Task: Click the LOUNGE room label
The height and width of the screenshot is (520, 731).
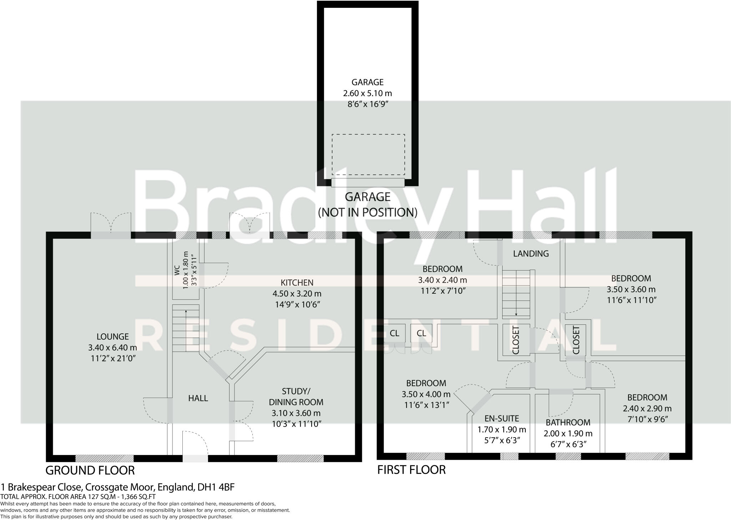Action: click(x=112, y=337)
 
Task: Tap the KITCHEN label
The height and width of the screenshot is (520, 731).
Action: click(x=297, y=283)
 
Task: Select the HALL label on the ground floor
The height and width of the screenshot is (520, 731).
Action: click(x=198, y=398)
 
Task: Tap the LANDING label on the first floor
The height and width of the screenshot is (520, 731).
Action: click(x=531, y=254)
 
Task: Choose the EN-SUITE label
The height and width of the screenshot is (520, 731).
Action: click(x=501, y=418)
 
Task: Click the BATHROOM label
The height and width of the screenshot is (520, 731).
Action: click(x=568, y=423)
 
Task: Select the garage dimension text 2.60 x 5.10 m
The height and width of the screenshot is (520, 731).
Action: click(x=367, y=94)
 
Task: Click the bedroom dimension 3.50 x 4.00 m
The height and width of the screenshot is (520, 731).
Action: click(x=426, y=394)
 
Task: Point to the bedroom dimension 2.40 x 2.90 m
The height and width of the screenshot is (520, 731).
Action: click(x=647, y=409)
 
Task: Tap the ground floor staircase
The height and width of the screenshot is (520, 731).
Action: click(x=186, y=328)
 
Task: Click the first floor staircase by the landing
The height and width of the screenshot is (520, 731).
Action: click(x=516, y=293)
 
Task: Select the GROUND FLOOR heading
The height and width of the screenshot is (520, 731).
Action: click(x=90, y=470)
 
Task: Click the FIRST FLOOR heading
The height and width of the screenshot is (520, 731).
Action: click(x=412, y=470)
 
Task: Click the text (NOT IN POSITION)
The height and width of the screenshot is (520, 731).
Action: click(x=368, y=212)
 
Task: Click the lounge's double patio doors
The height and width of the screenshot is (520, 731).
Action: click(x=111, y=225)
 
